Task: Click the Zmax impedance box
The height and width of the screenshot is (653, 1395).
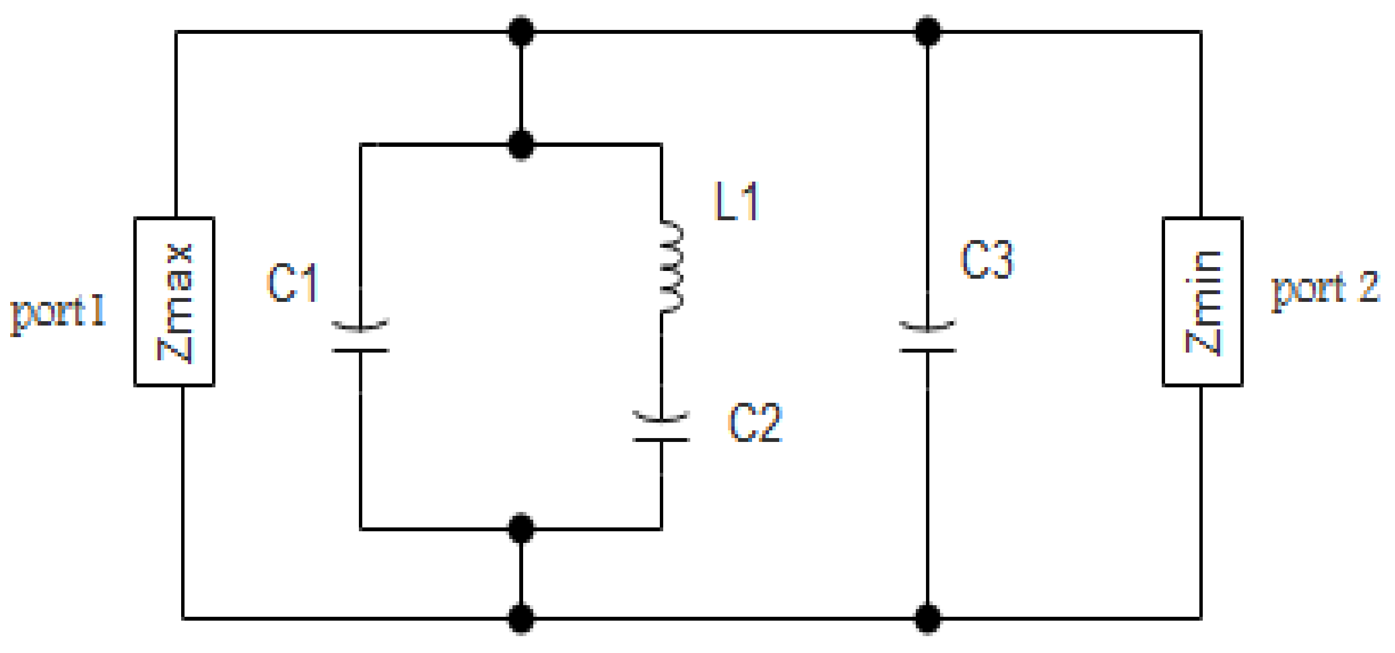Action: coord(174,301)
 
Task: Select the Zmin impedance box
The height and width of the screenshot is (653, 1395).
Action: coord(1202,301)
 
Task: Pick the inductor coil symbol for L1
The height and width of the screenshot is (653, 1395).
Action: coord(670,267)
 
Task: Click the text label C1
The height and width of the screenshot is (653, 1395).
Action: coord(292,283)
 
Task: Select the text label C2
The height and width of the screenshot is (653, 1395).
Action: coord(755,423)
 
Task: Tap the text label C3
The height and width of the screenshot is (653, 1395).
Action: coord(987,260)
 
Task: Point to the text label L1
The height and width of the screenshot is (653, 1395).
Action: coord(737,201)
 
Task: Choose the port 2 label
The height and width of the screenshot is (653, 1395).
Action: coord(1325,289)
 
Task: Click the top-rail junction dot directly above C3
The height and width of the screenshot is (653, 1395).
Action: coord(927,31)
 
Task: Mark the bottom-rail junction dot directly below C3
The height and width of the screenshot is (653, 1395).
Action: coord(927,618)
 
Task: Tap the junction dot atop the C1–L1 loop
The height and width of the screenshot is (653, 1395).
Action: coord(521,144)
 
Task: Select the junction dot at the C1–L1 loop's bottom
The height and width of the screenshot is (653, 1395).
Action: coord(521,528)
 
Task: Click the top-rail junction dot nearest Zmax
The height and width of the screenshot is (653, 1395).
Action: coord(521,31)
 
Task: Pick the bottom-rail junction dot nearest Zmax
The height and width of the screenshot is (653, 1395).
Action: coord(521,618)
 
